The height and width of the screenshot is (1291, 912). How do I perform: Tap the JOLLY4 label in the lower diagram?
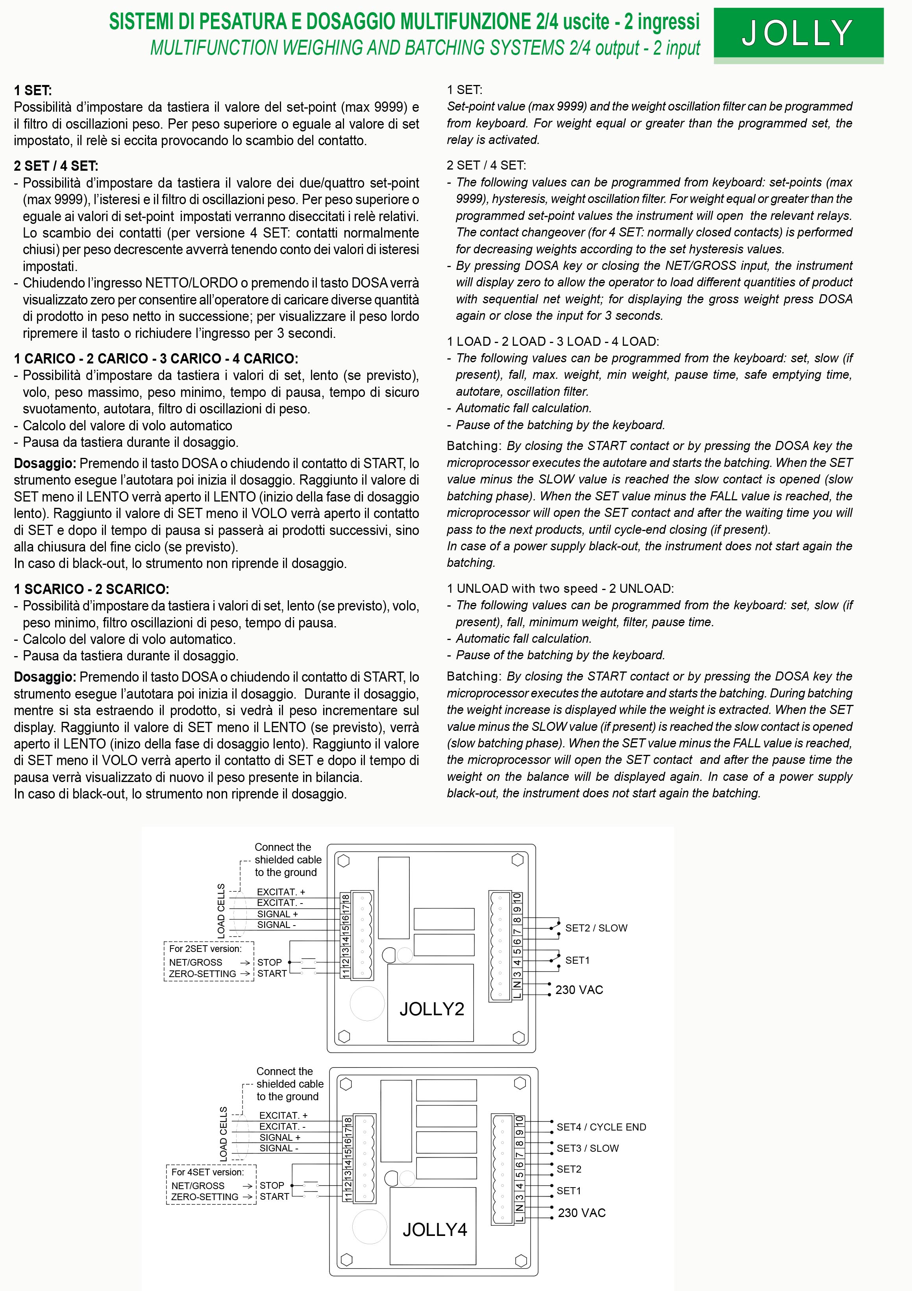pos(434,1230)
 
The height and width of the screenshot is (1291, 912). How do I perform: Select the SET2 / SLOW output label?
pos(596,928)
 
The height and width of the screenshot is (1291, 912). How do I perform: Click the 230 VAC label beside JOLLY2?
pos(579,990)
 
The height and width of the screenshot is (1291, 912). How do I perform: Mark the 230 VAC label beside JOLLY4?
pos(581,1213)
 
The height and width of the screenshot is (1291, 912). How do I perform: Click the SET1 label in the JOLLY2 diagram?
pos(577,960)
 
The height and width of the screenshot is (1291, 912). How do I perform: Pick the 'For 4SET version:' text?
pos(207,1172)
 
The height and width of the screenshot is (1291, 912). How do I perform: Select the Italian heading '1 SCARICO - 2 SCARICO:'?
pos(91,589)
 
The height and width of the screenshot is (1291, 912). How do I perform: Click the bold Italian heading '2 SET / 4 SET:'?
pos(56,166)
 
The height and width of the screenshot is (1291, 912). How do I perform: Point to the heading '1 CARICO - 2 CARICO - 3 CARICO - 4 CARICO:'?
pos(156,358)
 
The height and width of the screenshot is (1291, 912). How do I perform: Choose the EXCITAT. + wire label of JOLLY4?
pos(283,1115)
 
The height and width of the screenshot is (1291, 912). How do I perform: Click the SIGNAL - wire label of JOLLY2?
pos(276,924)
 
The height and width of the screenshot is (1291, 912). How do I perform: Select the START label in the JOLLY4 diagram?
pos(274,1197)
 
